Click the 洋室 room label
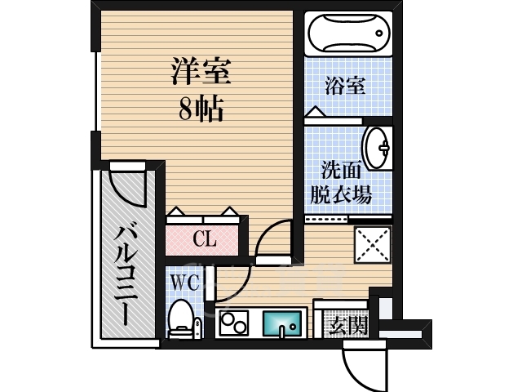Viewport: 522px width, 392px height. click(x=201, y=72)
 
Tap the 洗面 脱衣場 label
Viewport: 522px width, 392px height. click(x=341, y=183)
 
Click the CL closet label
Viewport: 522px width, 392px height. click(x=204, y=240)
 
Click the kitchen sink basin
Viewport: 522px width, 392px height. click(x=282, y=323)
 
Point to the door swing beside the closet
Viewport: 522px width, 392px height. click(x=273, y=238)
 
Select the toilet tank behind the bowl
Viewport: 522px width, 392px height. click(x=180, y=332)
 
